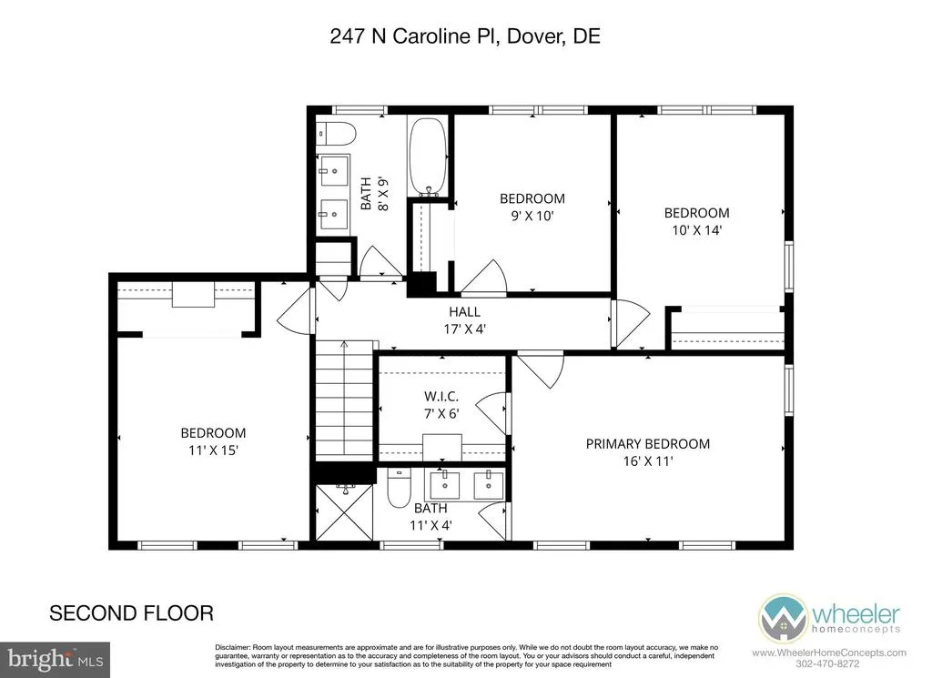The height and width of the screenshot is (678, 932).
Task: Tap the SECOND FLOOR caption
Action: pyautogui.click(x=131, y=613)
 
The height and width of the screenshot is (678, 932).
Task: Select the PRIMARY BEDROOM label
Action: pyautogui.click(x=647, y=444)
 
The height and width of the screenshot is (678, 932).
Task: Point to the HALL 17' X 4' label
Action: pyautogui.click(x=465, y=319)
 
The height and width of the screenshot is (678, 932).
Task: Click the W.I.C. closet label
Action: pyautogui.click(x=441, y=397)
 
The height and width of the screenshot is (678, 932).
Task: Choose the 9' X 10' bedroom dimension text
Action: pyautogui.click(x=532, y=216)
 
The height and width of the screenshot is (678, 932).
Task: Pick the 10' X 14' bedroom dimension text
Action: pyautogui.click(x=696, y=230)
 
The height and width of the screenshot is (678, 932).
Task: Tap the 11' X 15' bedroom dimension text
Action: pyautogui.click(x=213, y=450)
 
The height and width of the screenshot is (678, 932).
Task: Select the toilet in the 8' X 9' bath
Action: pyautogui.click(x=336, y=133)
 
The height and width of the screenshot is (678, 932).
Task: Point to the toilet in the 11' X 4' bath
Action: pyautogui.click(x=399, y=488)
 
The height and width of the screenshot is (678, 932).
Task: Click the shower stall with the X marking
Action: pyautogui.click(x=344, y=512)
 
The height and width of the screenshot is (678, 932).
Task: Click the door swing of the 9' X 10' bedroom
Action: pyautogui.click(x=484, y=277)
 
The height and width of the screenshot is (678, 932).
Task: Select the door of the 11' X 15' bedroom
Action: pyautogui.click(x=295, y=310)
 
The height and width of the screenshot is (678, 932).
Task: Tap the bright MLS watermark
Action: pyautogui.click(x=55, y=660)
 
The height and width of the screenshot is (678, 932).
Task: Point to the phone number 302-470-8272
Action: pyautogui.click(x=829, y=663)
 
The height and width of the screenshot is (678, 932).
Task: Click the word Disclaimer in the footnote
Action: pyautogui.click(x=232, y=647)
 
